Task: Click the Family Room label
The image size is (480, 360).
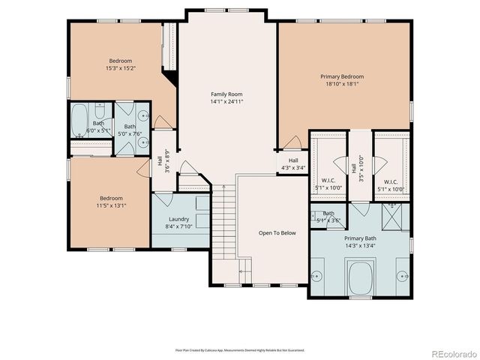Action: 226,94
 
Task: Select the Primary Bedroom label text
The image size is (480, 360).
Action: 342,76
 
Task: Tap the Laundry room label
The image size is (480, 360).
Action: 178,198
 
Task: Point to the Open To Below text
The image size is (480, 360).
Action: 277,233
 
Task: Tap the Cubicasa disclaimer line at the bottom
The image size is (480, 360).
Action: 240,349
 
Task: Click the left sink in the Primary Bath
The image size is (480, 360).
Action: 317,274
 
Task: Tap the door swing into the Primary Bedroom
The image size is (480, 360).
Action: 293,142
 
